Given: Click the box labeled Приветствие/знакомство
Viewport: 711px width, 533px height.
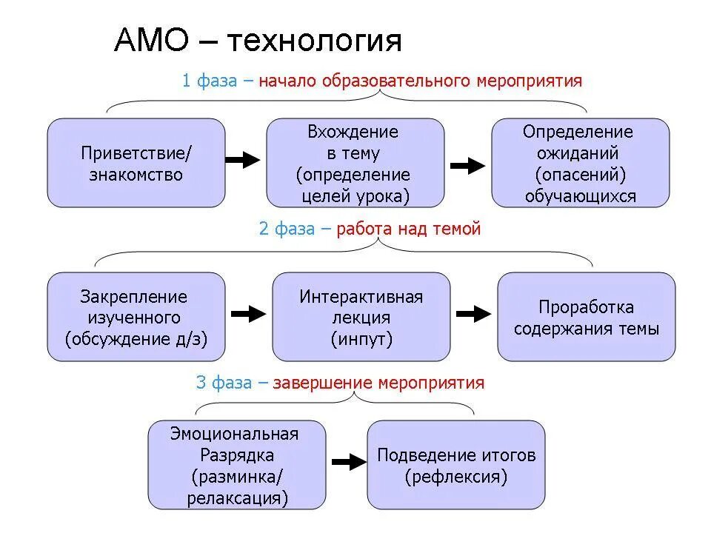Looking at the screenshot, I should coord(136,163).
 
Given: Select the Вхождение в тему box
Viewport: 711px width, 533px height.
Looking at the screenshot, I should coord(355,163).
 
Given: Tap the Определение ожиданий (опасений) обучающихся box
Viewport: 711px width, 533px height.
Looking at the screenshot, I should coord(580,163).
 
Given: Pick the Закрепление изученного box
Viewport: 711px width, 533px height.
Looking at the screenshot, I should coord(136,317).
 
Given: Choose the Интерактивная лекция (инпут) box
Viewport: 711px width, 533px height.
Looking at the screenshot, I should coord(361,317).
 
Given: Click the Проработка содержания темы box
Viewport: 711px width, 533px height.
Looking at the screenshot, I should coord(586,317).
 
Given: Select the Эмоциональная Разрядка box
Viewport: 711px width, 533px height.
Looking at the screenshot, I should coord(236,465).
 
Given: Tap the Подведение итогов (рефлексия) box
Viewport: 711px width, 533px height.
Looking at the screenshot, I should coord(455,465).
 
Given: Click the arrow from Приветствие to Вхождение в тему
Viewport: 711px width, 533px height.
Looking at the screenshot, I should coord(243,160).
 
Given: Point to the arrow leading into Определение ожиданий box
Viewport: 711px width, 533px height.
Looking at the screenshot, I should coord(467,166).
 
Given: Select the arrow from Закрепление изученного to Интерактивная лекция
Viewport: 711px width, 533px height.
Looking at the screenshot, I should coord(248,314).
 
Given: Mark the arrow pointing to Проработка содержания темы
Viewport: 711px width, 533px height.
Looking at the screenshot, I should coord(473,314).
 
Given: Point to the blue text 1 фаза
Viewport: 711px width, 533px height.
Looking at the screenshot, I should coord(210,81).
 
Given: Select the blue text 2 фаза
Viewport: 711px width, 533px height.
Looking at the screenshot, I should coord(287,229).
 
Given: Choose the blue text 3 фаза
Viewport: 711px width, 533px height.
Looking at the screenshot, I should coord(224,383).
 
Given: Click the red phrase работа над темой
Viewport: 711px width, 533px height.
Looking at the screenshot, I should coord(409,229).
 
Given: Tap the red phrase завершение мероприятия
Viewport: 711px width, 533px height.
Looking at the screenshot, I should coord(378,383).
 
